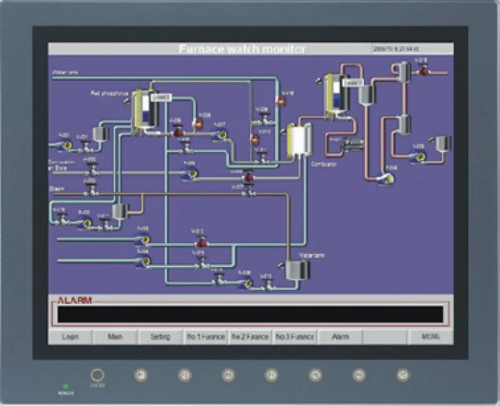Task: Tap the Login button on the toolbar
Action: [70, 337]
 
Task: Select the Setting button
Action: [160, 337]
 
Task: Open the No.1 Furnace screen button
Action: [206, 337]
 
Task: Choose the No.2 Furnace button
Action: [250, 337]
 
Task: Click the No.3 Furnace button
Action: [295, 337]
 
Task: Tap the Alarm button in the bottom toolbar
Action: [340, 337]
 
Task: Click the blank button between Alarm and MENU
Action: [385, 337]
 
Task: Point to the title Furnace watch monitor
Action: [242, 49]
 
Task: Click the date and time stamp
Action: [396, 48]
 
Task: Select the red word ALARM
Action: [75, 300]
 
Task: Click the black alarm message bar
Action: [250, 314]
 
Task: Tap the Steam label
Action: [56, 188]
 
